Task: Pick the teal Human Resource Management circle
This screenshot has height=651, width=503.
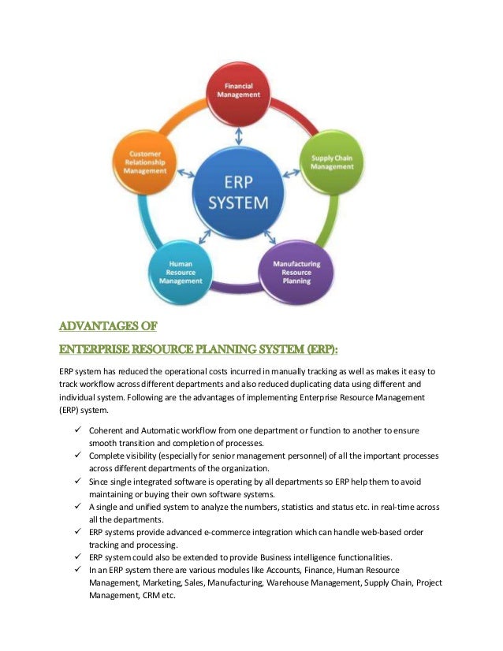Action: [181, 271]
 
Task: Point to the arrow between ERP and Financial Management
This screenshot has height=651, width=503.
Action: [240, 136]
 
